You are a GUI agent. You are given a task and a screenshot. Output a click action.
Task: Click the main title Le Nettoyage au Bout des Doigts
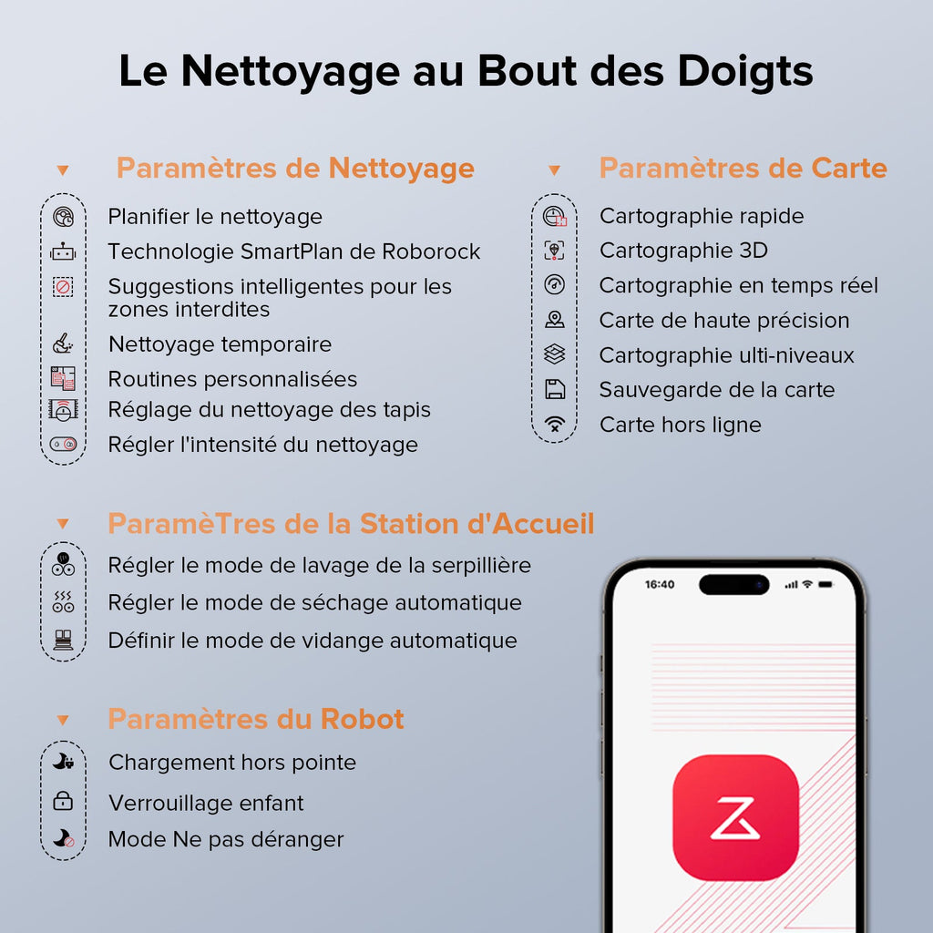pyautogui.click(x=466, y=72)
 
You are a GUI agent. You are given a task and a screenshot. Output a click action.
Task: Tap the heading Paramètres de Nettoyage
pyautogui.click(x=295, y=169)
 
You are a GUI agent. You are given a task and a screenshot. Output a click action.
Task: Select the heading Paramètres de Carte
pyautogui.click(x=743, y=169)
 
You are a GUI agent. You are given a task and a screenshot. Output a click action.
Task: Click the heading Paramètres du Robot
pyautogui.click(x=256, y=719)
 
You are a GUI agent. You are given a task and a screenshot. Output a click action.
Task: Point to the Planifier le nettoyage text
pyautogui.click(x=215, y=217)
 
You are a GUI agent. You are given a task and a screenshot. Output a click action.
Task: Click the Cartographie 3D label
pyautogui.click(x=683, y=251)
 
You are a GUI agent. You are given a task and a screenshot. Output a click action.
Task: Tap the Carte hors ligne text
pyautogui.click(x=680, y=425)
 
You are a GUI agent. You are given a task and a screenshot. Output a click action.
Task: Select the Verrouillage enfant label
pyautogui.click(x=206, y=803)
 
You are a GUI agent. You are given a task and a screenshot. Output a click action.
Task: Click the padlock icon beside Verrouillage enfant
pyautogui.click(x=63, y=802)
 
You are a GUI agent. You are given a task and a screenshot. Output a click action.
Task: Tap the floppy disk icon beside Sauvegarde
pyautogui.click(x=554, y=390)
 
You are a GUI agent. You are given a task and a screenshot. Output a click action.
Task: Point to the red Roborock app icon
pyautogui.click(x=735, y=817)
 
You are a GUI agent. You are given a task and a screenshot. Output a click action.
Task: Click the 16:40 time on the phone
pyautogui.click(x=660, y=584)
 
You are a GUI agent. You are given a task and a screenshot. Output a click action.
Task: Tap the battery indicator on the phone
pyautogui.click(x=825, y=584)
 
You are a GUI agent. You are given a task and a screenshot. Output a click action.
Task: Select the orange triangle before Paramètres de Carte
pyautogui.click(x=554, y=170)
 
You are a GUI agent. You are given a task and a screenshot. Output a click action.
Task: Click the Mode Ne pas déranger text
pyautogui.click(x=226, y=839)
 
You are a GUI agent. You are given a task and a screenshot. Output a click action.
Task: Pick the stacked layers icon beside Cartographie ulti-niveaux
pyautogui.click(x=554, y=354)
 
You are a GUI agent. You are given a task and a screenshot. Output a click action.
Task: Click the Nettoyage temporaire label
pyautogui.click(x=220, y=344)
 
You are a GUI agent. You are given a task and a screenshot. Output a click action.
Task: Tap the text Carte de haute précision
pyautogui.click(x=723, y=321)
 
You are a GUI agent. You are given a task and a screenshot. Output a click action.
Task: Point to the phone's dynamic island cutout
pyautogui.click(x=734, y=584)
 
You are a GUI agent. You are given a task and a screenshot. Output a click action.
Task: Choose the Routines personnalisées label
pyautogui.click(x=232, y=379)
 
